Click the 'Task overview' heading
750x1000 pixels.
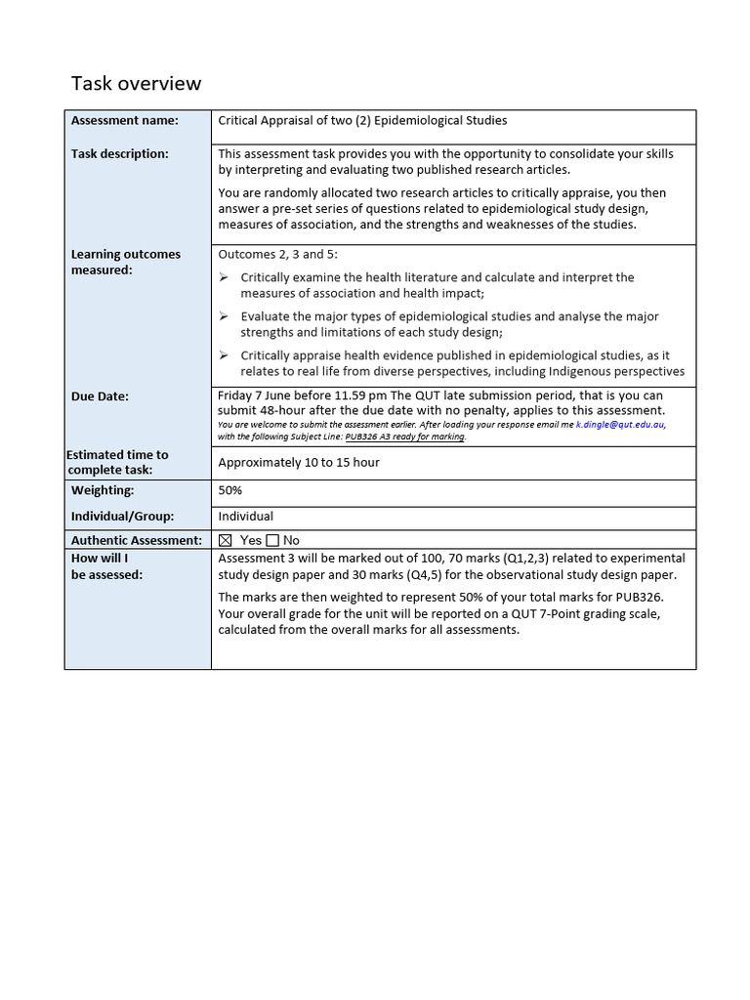pyautogui.click(x=136, y=84)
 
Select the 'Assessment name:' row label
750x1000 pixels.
pyautogui.click(x=124, y=121)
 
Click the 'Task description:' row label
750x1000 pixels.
pyautogui.click(x=119, y=154)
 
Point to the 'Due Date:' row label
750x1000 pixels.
pyautogui.click(x=100, y=396)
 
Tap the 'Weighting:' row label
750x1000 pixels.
pyautogui.click(x=103, y=491)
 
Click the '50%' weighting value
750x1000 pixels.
pyautogui.click(x=230, y=491)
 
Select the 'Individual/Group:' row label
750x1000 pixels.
pyautogui.click(x=121, y=517)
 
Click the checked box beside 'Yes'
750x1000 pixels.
pyautogui.click(x=226, y=540)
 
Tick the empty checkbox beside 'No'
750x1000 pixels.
pyautogui.click(x=272, y=540)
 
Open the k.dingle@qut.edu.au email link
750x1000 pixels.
pyautogui.click(x=620, y=425)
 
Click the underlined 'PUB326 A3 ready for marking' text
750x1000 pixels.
pyautogui.click(x=405, y=437)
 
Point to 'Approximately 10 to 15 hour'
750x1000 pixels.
pyautogui.click(x=299, y=463)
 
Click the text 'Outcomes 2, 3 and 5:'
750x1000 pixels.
pyautogui.click(x=277, y=255)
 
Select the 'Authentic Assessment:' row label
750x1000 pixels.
pyautogui.click(x=136, y=540)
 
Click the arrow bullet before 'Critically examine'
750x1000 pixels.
pyautogui.click(x=223, y=278)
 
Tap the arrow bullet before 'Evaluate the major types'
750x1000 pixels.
pyautogui.click(x=223, y=317)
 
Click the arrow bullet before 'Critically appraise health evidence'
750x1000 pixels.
pyautogui.click(x=223, y=356)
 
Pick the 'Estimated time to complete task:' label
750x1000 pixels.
pyautogui.click(x=117, y=463)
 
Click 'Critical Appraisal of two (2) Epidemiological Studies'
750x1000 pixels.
pyautogui.click(x=362, y=121)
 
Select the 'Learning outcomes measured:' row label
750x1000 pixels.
pyautogui.click(x=125, y=263)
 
